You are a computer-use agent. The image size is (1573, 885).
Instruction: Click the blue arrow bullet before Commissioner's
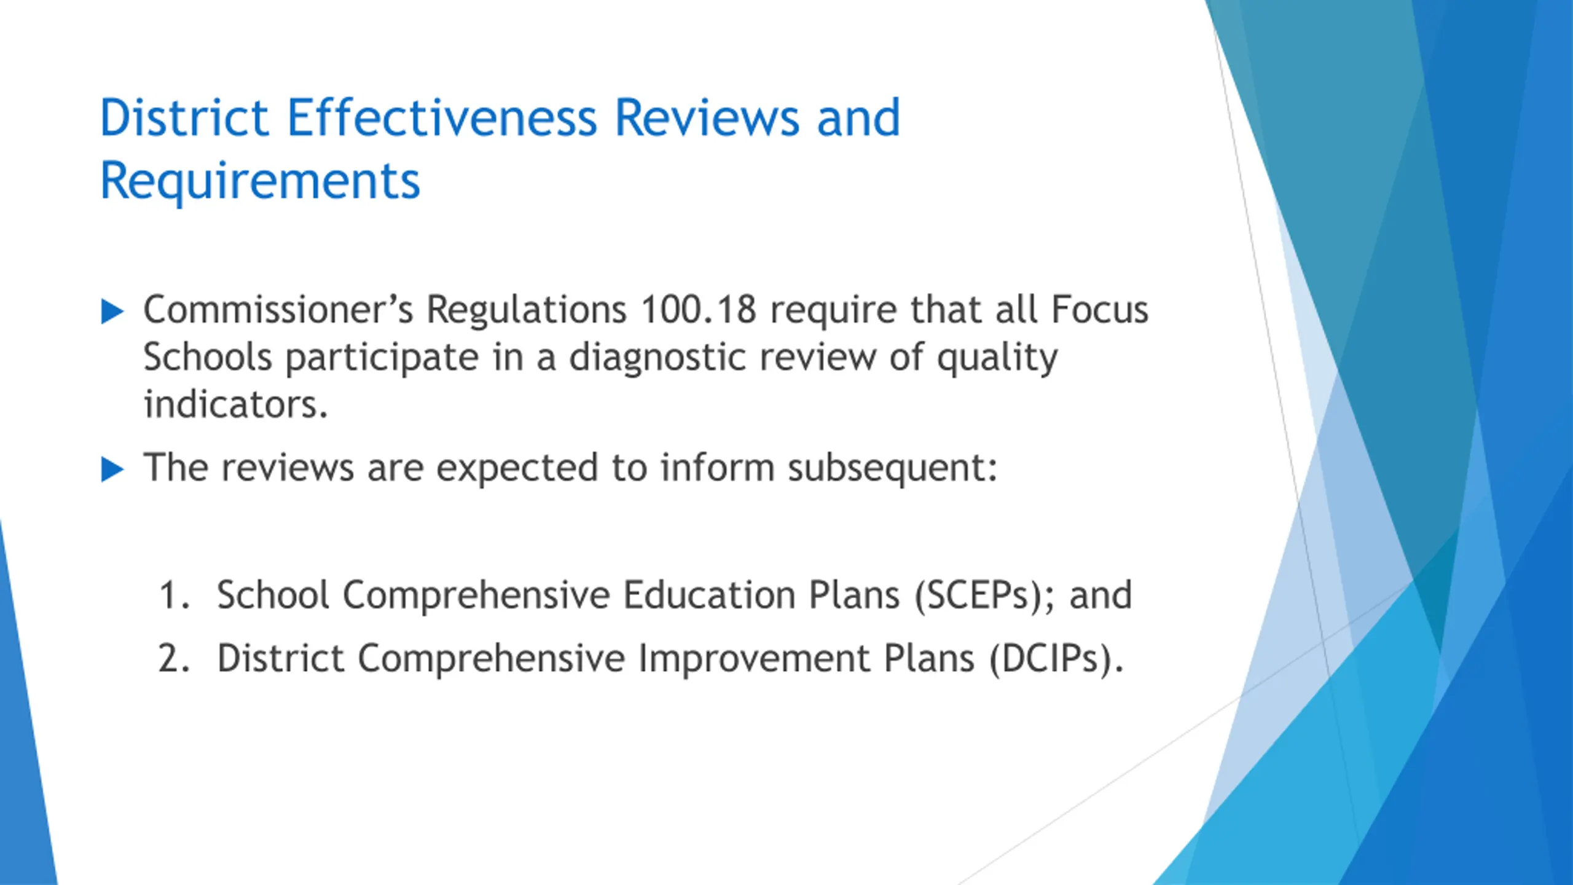point(112,312)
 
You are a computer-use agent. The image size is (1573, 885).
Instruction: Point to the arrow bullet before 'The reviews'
point(112,470)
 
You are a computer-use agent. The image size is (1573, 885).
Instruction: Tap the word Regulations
point(527,310)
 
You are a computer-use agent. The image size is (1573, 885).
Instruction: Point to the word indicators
point(235,404)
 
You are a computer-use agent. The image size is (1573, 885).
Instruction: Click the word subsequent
point(892,469)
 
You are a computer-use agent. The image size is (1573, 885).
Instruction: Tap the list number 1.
point(174,595)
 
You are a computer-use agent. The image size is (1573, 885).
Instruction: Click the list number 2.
point(174,658)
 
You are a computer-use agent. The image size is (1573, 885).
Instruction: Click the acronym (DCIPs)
point(1056,659)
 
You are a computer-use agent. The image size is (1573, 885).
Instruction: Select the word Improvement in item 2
point(754,659)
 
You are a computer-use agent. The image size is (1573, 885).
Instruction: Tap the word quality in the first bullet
point(997,358)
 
